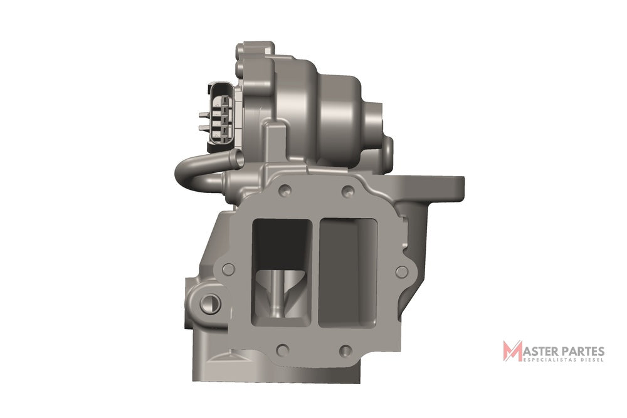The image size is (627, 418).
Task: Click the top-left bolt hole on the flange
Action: pyautogui.click(x=285, y=189)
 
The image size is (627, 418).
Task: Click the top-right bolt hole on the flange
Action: pyautogui.click(x=347, y=191)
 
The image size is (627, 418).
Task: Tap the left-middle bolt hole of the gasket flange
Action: pyautogui.click(x=228, y=269)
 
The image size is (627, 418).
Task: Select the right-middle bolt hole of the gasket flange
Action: pyautogui.click(x=401, y=272)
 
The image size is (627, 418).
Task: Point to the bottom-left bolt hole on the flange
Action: pyautogui.click(x=283, y=350)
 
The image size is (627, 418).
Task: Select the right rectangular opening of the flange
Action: pyautogui.click(x=348, y=272)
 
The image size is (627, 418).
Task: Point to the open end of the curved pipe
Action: pyautogui.click(x=238, y=159)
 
